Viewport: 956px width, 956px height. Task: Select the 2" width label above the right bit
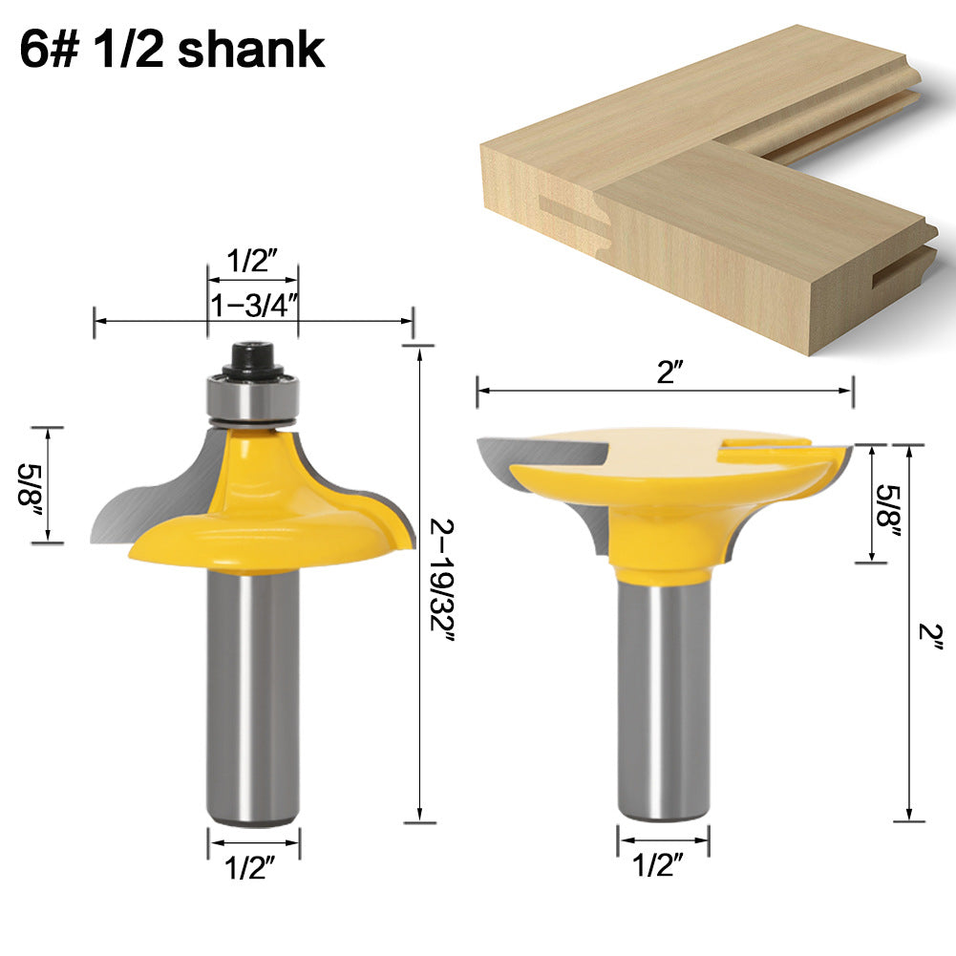[666, 372]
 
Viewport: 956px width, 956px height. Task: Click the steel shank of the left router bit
[254, 697]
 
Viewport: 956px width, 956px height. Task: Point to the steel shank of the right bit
[664, 697]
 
